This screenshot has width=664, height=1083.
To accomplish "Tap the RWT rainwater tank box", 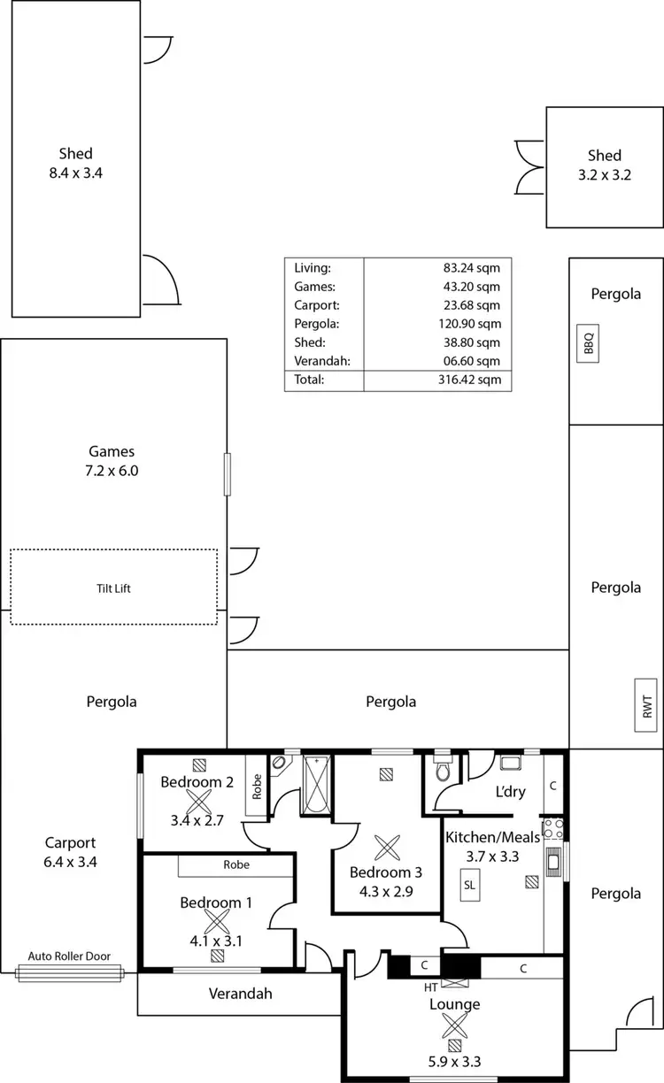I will coord(646,706).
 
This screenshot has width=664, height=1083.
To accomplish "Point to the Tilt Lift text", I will coord(113,588).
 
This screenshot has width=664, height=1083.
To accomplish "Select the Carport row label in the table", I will coord(313,304).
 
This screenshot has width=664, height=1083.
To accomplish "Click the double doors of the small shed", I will coord(529,166).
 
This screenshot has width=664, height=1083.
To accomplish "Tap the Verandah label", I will coord(240,994).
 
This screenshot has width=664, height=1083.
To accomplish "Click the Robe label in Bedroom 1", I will coord(236,864).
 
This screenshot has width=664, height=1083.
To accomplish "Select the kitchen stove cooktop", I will coord(553,829).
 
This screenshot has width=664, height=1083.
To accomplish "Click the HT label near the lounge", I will coord(431,986).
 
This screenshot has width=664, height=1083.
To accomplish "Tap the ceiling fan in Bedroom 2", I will coord(197,803).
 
